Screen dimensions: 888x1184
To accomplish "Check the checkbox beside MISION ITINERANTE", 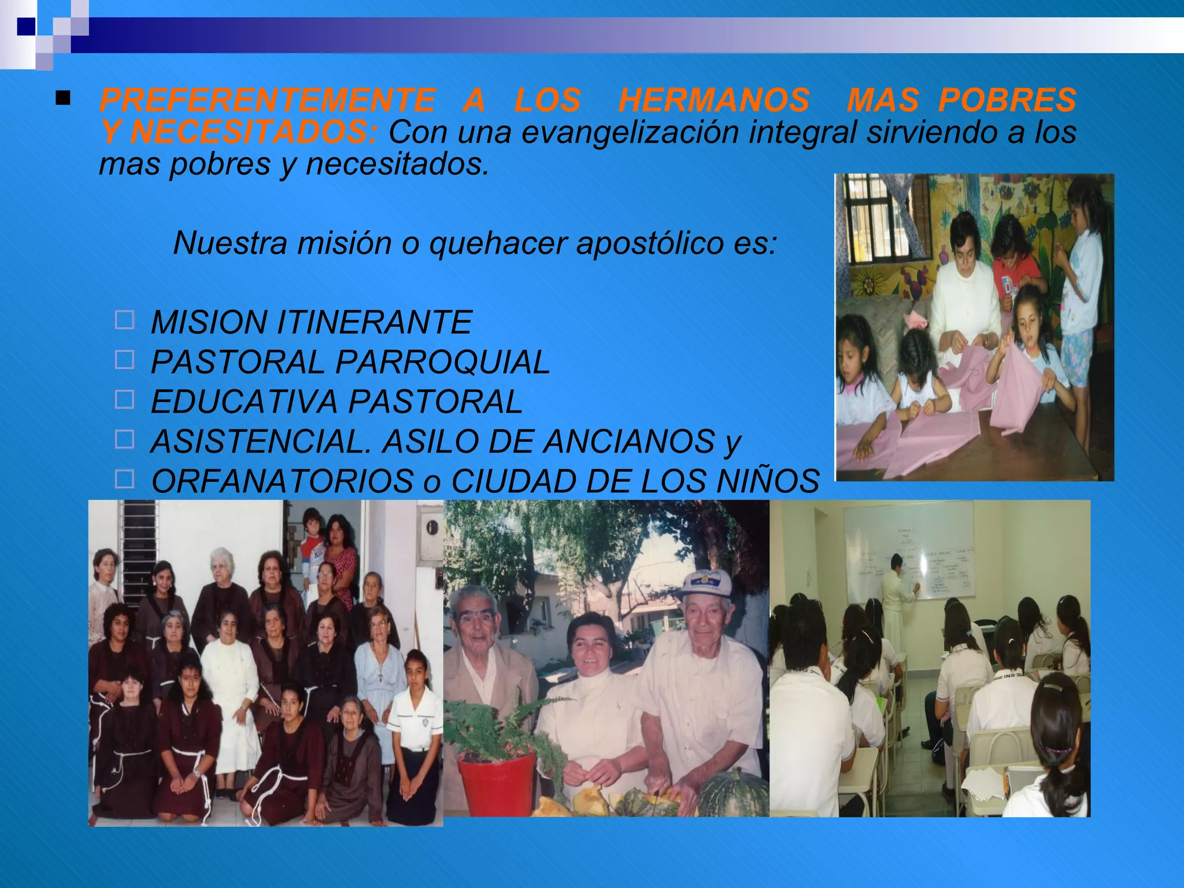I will click(x=124, y=320).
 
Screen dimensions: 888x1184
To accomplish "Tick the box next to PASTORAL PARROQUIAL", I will click(x=124, y=360).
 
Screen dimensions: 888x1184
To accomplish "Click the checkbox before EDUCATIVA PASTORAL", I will click(x=124, y=399).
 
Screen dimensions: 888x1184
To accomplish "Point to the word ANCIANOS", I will click(x=629, y=442).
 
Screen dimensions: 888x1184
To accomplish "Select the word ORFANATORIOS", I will click(x=282, y=481).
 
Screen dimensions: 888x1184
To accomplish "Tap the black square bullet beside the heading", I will click(x=63, y=99).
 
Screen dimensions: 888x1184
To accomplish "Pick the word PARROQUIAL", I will click(x=442, y=362).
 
